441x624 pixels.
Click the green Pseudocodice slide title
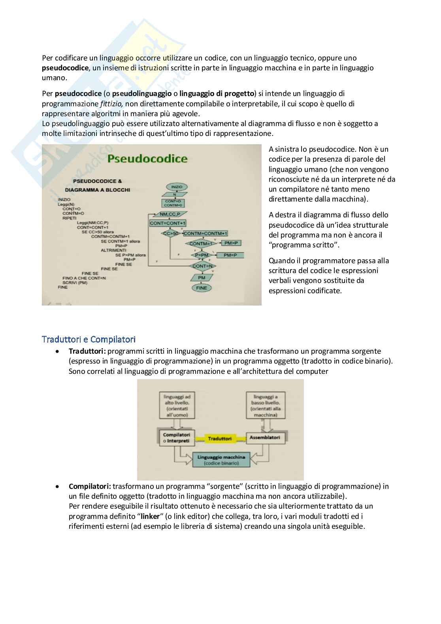coord(147,159)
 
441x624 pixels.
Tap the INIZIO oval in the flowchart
coord(177,187)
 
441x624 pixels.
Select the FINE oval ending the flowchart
coord(201,288)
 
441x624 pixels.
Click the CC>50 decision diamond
coord(170,233)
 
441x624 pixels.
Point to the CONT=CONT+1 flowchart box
coord(168,223)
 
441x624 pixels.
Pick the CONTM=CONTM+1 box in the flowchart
coord(205,234)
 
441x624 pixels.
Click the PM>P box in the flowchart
coord(232,243)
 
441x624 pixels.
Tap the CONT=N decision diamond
coord(202,266)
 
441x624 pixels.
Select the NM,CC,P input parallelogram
coord(170,214)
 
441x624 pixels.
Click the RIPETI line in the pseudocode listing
coord(70,218)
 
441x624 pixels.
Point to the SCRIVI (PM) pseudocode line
coord(75,283)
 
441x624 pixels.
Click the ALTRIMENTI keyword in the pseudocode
coord(113,250)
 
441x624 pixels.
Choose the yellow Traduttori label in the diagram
coord(220,439)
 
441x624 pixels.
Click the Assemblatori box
coord(265,437)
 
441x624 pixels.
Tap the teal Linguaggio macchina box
coord(221,460)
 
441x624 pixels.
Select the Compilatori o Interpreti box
coord(176,437)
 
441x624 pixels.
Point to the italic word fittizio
coord(112,104)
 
